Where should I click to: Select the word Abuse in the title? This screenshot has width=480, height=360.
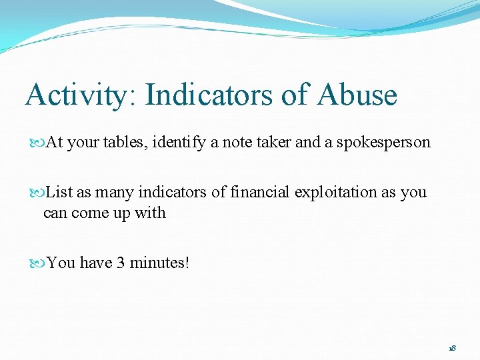[x=357, y=95]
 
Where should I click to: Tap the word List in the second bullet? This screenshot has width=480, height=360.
[x=60, y=192]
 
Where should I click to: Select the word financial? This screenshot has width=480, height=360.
[x=260, y=192]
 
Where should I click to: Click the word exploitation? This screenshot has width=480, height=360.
[x=336, y=192]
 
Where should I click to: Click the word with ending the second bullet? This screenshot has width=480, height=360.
[x=152, y=213]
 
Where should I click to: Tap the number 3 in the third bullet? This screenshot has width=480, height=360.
[x=121, y=263]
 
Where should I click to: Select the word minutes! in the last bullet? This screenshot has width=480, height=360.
[x=160, y=263]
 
